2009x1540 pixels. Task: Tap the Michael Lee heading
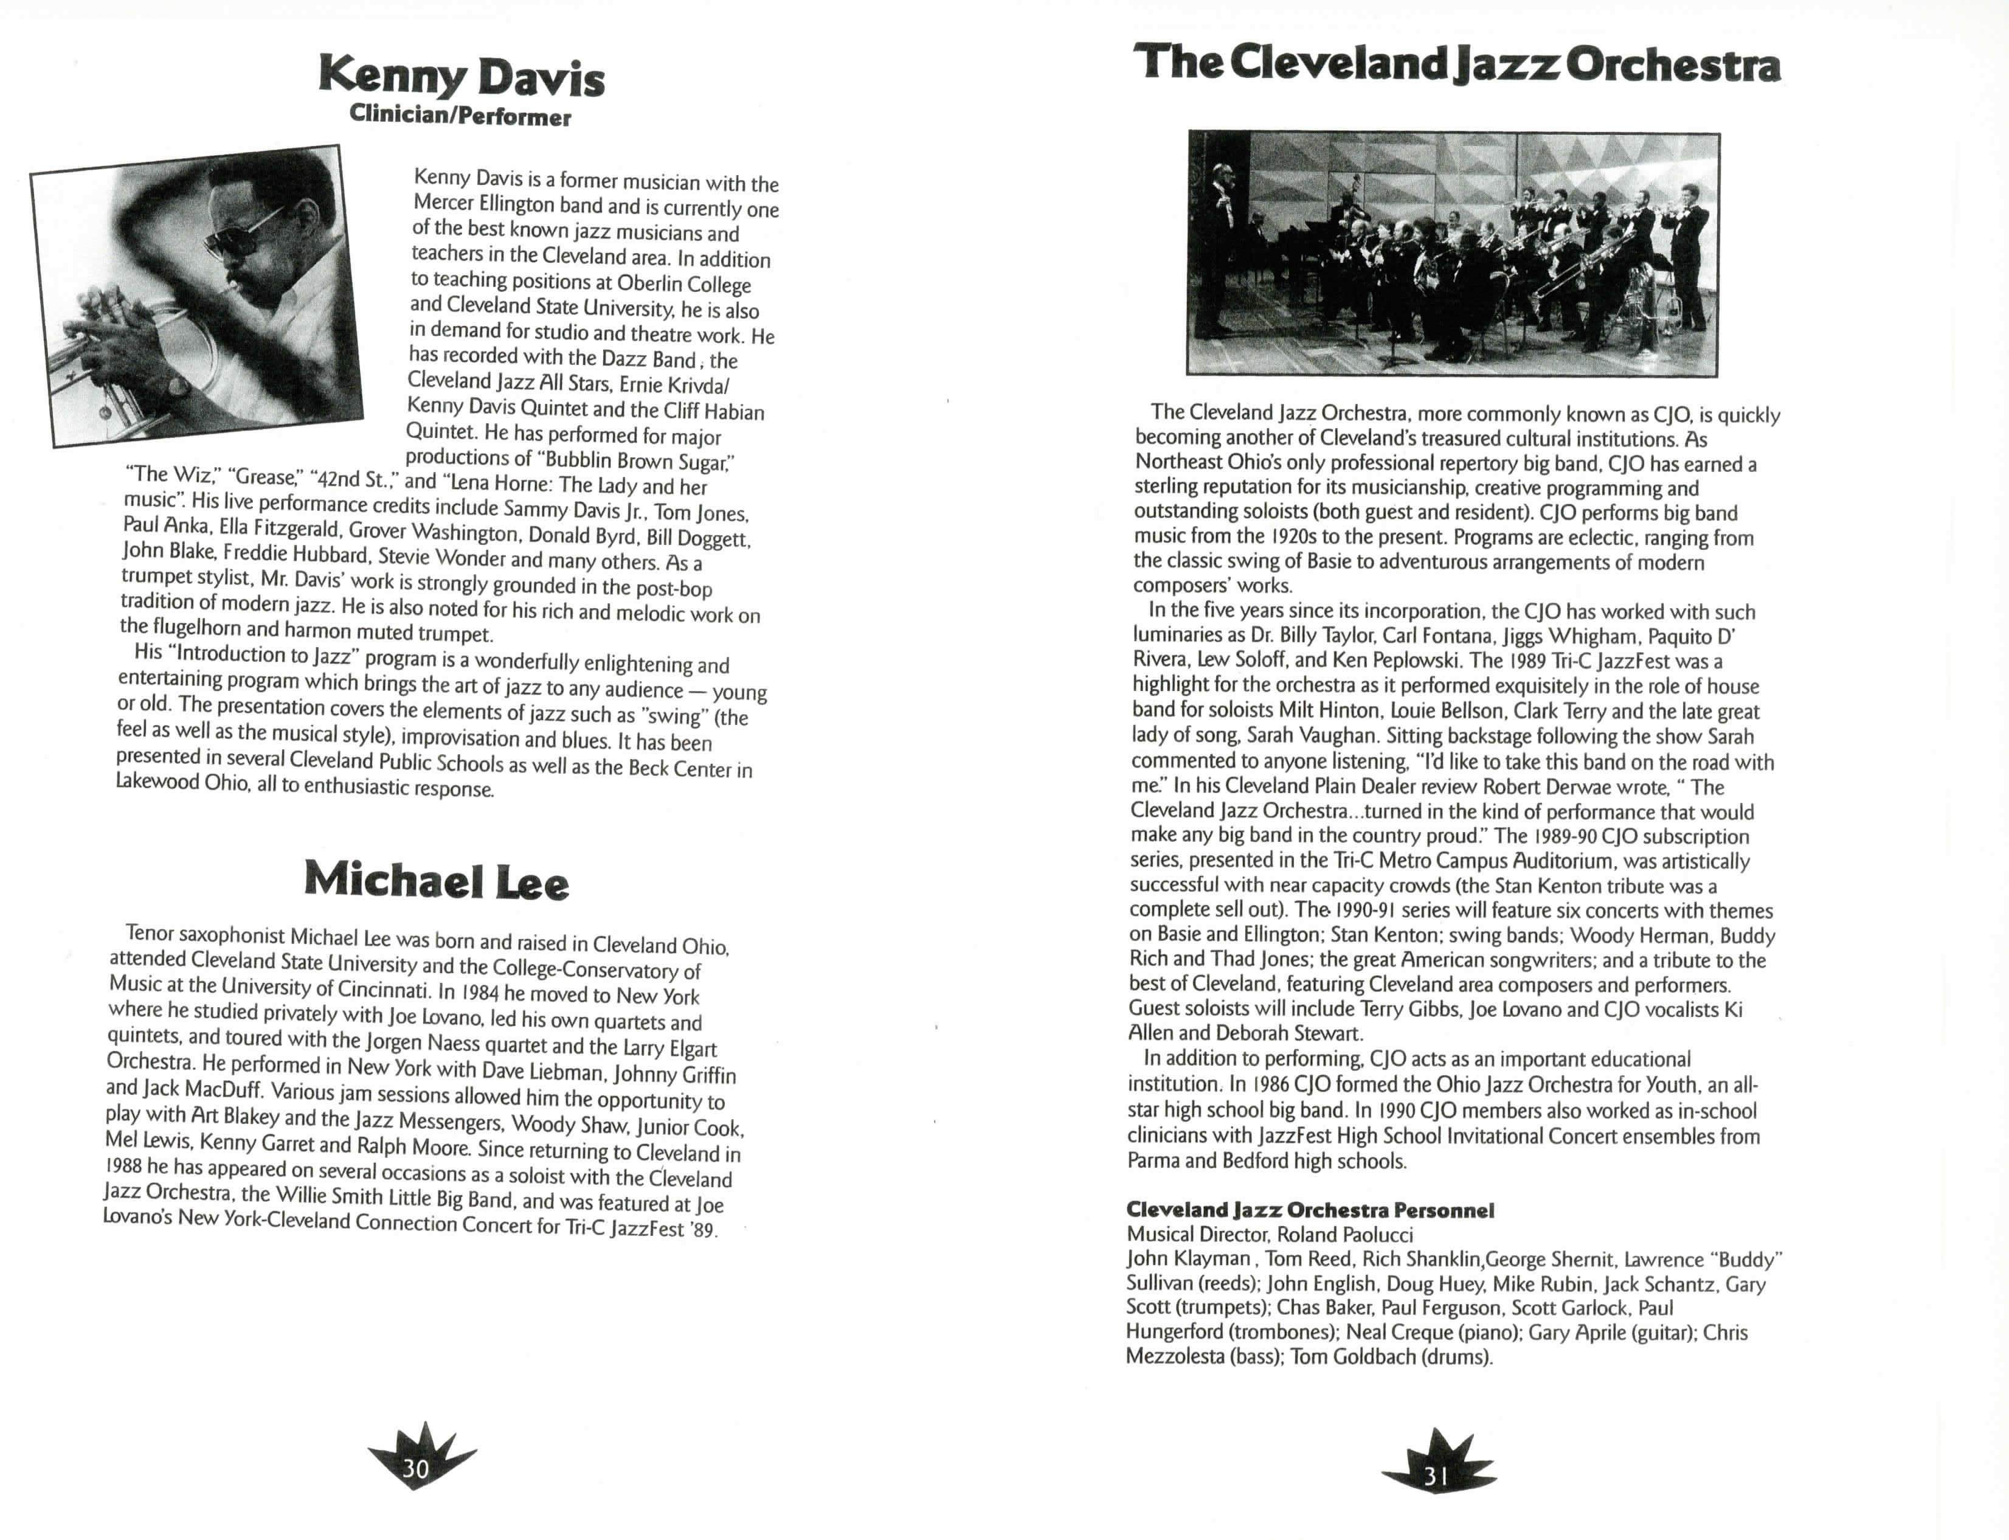pyautogui.click(x=436, y=880)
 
